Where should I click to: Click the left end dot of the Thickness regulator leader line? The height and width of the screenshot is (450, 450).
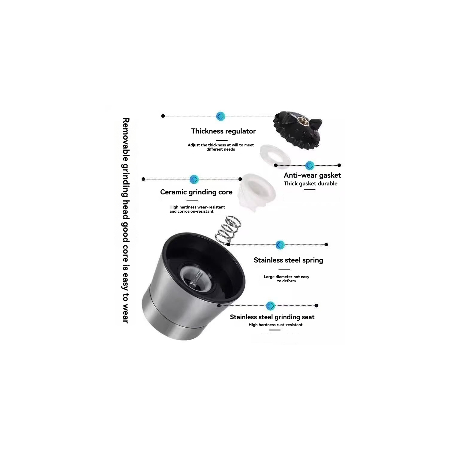pyautogui.click(x=163, y=116)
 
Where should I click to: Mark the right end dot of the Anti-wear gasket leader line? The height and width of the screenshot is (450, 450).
pyautogui.click(x=339, y=165)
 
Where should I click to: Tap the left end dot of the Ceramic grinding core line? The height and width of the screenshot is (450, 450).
pyautogui.click(x=143, y=179)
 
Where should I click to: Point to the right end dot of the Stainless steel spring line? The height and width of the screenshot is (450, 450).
pyautogui.click(x=326, y=244)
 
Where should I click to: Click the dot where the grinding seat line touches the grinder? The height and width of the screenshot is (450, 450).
pyautogui.click(x=219, y=305)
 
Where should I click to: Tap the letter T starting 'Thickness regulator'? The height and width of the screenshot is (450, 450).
pyautogui.click(x=193, y=131)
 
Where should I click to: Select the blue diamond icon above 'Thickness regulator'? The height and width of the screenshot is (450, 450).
pyautogui.click(x=220, y=116)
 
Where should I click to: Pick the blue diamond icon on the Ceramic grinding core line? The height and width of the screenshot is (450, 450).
pyautogui.click(x=194, y=179)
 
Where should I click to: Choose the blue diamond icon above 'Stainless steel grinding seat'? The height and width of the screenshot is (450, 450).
pyautogui.click(x=271, y=306)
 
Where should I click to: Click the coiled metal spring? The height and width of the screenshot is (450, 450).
pyautogui.click(x=228, y=230)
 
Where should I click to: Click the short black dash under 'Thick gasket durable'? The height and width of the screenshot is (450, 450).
pyautogui.click(x=310, y=190)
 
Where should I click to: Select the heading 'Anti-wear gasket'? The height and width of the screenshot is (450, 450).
pyautogui.click(x=312, y=175)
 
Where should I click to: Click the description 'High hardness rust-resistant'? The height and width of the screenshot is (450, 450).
pyautogui.click(x=275, y=325)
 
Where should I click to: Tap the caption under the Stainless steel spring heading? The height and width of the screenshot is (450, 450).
pyautogui.click(x=286, y=279)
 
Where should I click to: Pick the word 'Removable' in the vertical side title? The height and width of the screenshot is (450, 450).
pyautogui.click(x=126, y=139)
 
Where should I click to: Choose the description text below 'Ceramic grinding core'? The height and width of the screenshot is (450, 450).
pyautogui.click(x=197, y=209)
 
